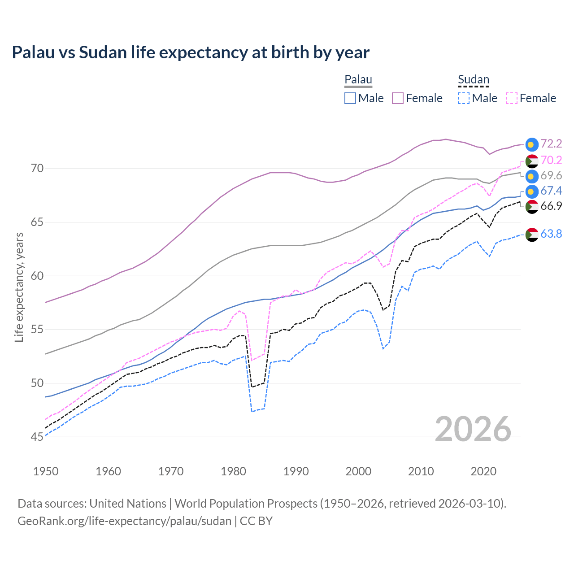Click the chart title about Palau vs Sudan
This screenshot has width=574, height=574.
pyautogui.click(x=191, y=52)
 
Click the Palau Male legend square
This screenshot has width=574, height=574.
pyautogui.click(x=350, y=98)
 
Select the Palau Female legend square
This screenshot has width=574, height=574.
pyautogui.click(x=398, y=98)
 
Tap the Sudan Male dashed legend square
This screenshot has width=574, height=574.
pyautogui.click(x=464, y=98)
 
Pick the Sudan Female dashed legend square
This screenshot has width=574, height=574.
pyautogui.click(x=512, y=98)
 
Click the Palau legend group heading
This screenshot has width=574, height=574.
pyautogui.click(x=358, y=80)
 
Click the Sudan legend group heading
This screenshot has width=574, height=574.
pyautogui.click(x=473, y=80)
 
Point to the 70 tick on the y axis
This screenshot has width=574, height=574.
pyautogui.click(x=37, y=169)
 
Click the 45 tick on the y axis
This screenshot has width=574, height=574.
pyautogui.click(x=37, y=437)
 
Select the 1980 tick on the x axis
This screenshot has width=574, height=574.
pyautogui.click(x=234, y=471)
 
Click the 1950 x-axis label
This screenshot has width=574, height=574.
pyautogui.click(x=46, y=471)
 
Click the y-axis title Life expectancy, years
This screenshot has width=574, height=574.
pyautogui.click(x=19, y=287)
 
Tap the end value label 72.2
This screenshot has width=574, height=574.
pyautogui.click(x=551, y=143)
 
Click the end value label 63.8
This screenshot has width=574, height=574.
pyautogui.click(x=551, y=234)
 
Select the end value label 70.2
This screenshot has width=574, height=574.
pyautogui.click(x=551, y=160)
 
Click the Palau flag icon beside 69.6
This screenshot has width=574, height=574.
pyautogui.click(x=532, y=176)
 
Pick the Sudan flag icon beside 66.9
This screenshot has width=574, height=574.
pyautogui.click(x=532, y=206)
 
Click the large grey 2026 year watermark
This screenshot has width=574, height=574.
pyautogui.click(x=473, y=429)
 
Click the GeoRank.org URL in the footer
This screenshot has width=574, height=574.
pyautogui.click(x=124, y=521)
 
